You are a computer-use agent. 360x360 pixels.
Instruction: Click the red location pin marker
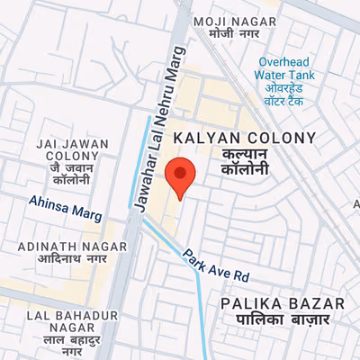pyautogui.click(x=181, y=176)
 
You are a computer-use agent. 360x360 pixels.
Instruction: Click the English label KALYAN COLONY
pyautogui.click(x=245, y=138)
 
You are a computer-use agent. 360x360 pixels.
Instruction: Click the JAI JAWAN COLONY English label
pyautogui.click(x=71, y=149)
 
